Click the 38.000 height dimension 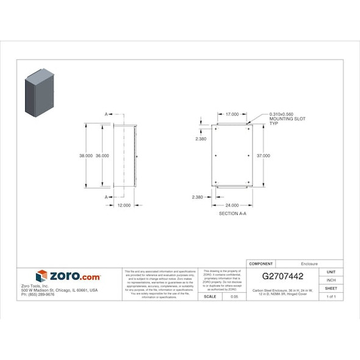tap(85, 156)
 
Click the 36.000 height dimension tap(102, 156)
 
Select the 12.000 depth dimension tap(124, 205)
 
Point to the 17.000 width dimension tap(232, 114)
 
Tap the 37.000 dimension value tap(263, 156)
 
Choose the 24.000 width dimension tap(232, 206)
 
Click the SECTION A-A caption tap(232, 214)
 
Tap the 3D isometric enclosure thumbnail tap(39, 94)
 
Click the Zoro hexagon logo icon tap(41, 276)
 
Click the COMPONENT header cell tap(262, 263)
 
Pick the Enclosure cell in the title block tap(309, 263)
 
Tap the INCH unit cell tap(331, 280)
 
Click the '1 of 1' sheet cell tap(331, 297)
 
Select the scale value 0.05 tap(234, 297)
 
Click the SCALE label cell tap(210, 297)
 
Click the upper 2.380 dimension tap(200, 139)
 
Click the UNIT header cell tap(331, 272)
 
